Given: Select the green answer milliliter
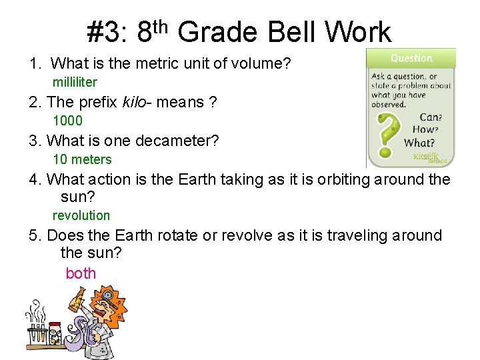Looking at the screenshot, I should tap(75, 83).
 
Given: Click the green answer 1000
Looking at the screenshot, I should tap(67, 121).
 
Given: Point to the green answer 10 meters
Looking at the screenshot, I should tap(82, 159).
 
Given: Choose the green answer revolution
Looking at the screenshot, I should tap(81, 215).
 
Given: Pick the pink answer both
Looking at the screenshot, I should tap(81, 273).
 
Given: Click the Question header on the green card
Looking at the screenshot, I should tap(411, 58).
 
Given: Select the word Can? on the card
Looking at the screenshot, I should tap(431, 117).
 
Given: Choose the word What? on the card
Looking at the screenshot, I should tap(419, 142).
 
